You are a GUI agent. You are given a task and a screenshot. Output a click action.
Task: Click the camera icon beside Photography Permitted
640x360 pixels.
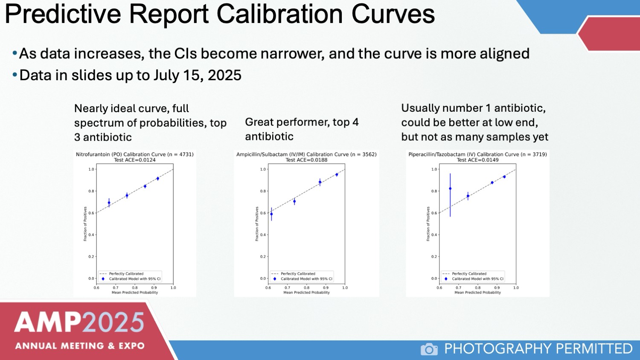click(x=429, y=349)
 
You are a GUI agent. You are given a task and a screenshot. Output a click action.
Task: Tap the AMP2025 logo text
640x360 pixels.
click(x=79, y=322)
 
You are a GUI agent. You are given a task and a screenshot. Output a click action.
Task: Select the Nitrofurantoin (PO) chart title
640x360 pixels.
click(x=134, y=154)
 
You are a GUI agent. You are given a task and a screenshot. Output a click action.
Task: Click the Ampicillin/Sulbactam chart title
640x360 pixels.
click(x=306, y=154)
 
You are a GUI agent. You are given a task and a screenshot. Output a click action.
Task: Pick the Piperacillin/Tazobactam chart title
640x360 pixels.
click(x=477, y=154)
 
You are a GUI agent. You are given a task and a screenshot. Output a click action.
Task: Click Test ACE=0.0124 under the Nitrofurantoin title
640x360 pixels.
click(x=134, y=160)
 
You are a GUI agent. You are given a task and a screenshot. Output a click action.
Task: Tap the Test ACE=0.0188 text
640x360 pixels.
click(x=306, y=160)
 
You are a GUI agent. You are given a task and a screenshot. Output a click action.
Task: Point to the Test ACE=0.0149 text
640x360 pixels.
click(x=477, y=160)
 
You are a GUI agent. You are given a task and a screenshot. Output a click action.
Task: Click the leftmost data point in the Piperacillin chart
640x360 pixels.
click(x=450, y=189)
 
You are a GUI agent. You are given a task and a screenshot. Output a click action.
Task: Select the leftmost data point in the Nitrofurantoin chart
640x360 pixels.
click(x=109, y=203)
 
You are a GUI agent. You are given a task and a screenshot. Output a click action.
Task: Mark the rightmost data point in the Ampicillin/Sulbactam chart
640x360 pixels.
click(x=337, y=174)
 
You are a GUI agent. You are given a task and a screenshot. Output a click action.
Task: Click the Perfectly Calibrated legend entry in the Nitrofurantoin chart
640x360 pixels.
click(x=126, y=274)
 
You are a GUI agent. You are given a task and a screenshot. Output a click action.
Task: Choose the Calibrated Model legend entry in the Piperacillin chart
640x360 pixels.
click(x=477, y=279)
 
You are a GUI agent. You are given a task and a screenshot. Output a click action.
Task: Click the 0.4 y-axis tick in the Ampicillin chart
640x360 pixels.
click(x=263, y=235)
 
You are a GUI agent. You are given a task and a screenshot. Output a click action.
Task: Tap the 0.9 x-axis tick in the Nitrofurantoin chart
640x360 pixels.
click(x=154, y=288)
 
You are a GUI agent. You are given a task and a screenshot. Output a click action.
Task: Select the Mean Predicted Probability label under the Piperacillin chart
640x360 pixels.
click(x=477, y=293)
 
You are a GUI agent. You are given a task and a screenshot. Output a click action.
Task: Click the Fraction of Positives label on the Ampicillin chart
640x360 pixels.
click(x=257, y=224)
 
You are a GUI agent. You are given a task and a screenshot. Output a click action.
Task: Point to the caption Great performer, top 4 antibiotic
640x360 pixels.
click(x=301, y=129)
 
